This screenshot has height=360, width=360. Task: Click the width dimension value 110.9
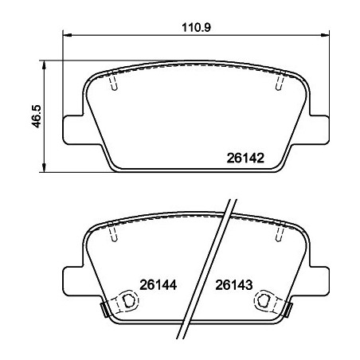click(195, 25)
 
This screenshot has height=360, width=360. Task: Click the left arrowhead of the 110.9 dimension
click(67, 35)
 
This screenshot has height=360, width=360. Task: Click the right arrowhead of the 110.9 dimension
click(327, 35)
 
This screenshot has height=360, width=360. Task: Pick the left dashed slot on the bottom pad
click(113, 233)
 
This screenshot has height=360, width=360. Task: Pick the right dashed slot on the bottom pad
click(280, 233)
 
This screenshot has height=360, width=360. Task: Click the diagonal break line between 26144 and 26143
click(209, 271)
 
